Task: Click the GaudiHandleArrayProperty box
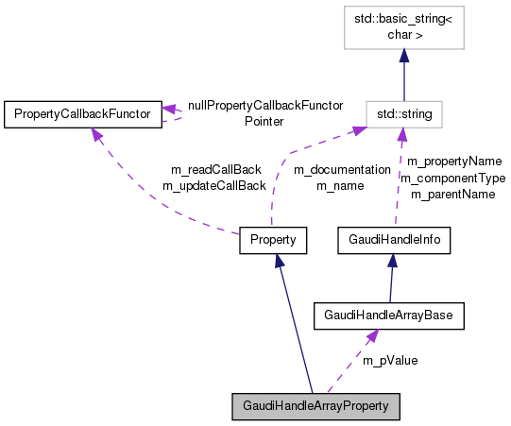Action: coord(316,407)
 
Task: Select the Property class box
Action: coord(273,240)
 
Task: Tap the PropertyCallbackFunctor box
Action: coord(82,114)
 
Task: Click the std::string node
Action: coord(404,114)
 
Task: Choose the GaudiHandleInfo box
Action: coord(394,240)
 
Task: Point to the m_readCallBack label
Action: coord(215,169)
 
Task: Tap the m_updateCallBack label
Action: coord(213,185)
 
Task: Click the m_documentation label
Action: coord(341,170)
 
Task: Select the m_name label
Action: coord(340,186)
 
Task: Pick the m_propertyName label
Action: coord(453,161)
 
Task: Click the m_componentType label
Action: coord(452,178)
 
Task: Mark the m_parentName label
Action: coord(452,194)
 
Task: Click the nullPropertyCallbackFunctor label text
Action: coord(264,106)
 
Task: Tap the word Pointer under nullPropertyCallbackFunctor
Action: coord(264,121)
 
